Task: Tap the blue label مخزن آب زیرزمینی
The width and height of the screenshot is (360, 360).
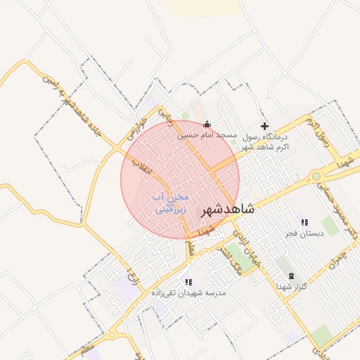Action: [x=169, y=202]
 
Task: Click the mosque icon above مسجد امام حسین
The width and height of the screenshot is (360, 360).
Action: [x=205, y=124]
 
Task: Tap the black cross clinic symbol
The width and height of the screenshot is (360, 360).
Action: [x=264, y=126]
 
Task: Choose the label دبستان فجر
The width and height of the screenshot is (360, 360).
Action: [x=304, y=233]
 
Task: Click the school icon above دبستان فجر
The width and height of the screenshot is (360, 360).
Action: [x=304, y=222]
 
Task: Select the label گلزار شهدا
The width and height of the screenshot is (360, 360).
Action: [x=292, y=286]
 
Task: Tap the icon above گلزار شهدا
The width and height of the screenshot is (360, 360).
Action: [x=292, y=276]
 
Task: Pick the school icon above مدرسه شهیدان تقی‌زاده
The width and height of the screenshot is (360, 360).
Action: [x=188, y=282]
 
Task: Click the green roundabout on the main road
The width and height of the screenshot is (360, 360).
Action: [x=316, y=176]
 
